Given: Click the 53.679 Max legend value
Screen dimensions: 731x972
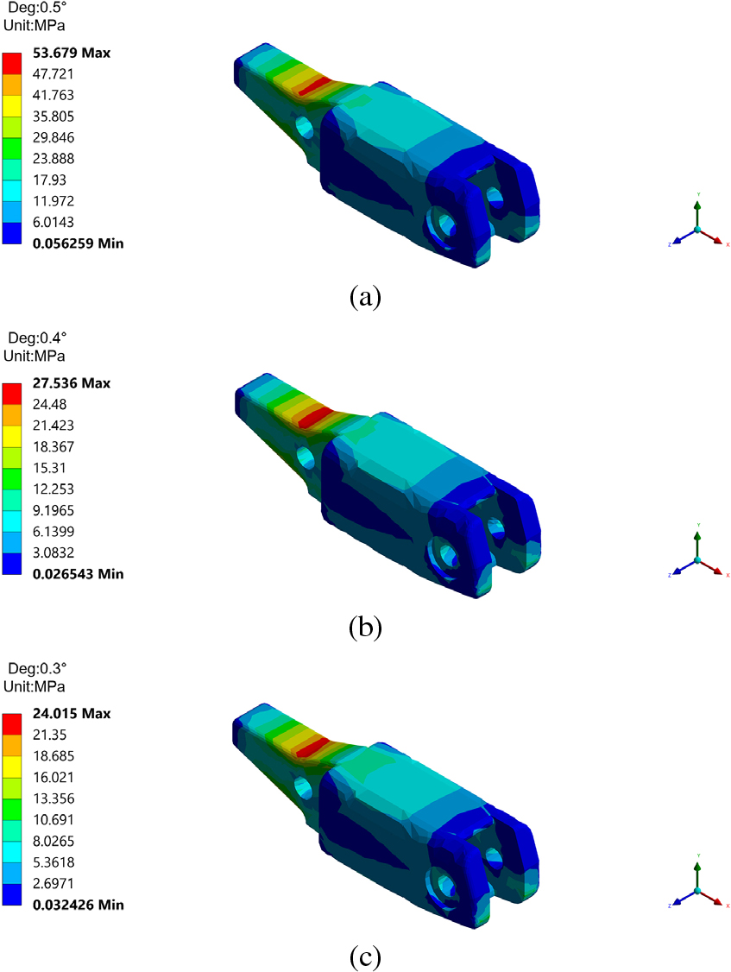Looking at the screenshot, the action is pyautogui.click(x=72, y=53).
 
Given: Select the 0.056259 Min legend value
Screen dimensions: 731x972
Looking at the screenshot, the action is pyautogui.click(x=79, y=243).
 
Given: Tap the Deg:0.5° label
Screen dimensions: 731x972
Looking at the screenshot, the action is pyautogui.click(x=37, y=8).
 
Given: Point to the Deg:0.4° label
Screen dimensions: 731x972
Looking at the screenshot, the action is pyautogui.click(x=37, y=338).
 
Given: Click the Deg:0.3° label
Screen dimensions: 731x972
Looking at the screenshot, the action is pyautogui.click(x=37, y=668).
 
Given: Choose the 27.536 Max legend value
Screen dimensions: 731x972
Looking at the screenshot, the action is pyautogui.click(x=72, y=383).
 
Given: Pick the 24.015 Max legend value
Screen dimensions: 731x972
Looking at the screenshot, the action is pyautogui.click(x=72, y=714).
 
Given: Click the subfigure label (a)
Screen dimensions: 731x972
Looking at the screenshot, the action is pyautogui.click(x=365, y=297).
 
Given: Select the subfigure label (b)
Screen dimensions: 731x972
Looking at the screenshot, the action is pyautogui.click(x=365, y=628).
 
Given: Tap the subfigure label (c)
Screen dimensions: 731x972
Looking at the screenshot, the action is pyautogui.click(x=365, y=957).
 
